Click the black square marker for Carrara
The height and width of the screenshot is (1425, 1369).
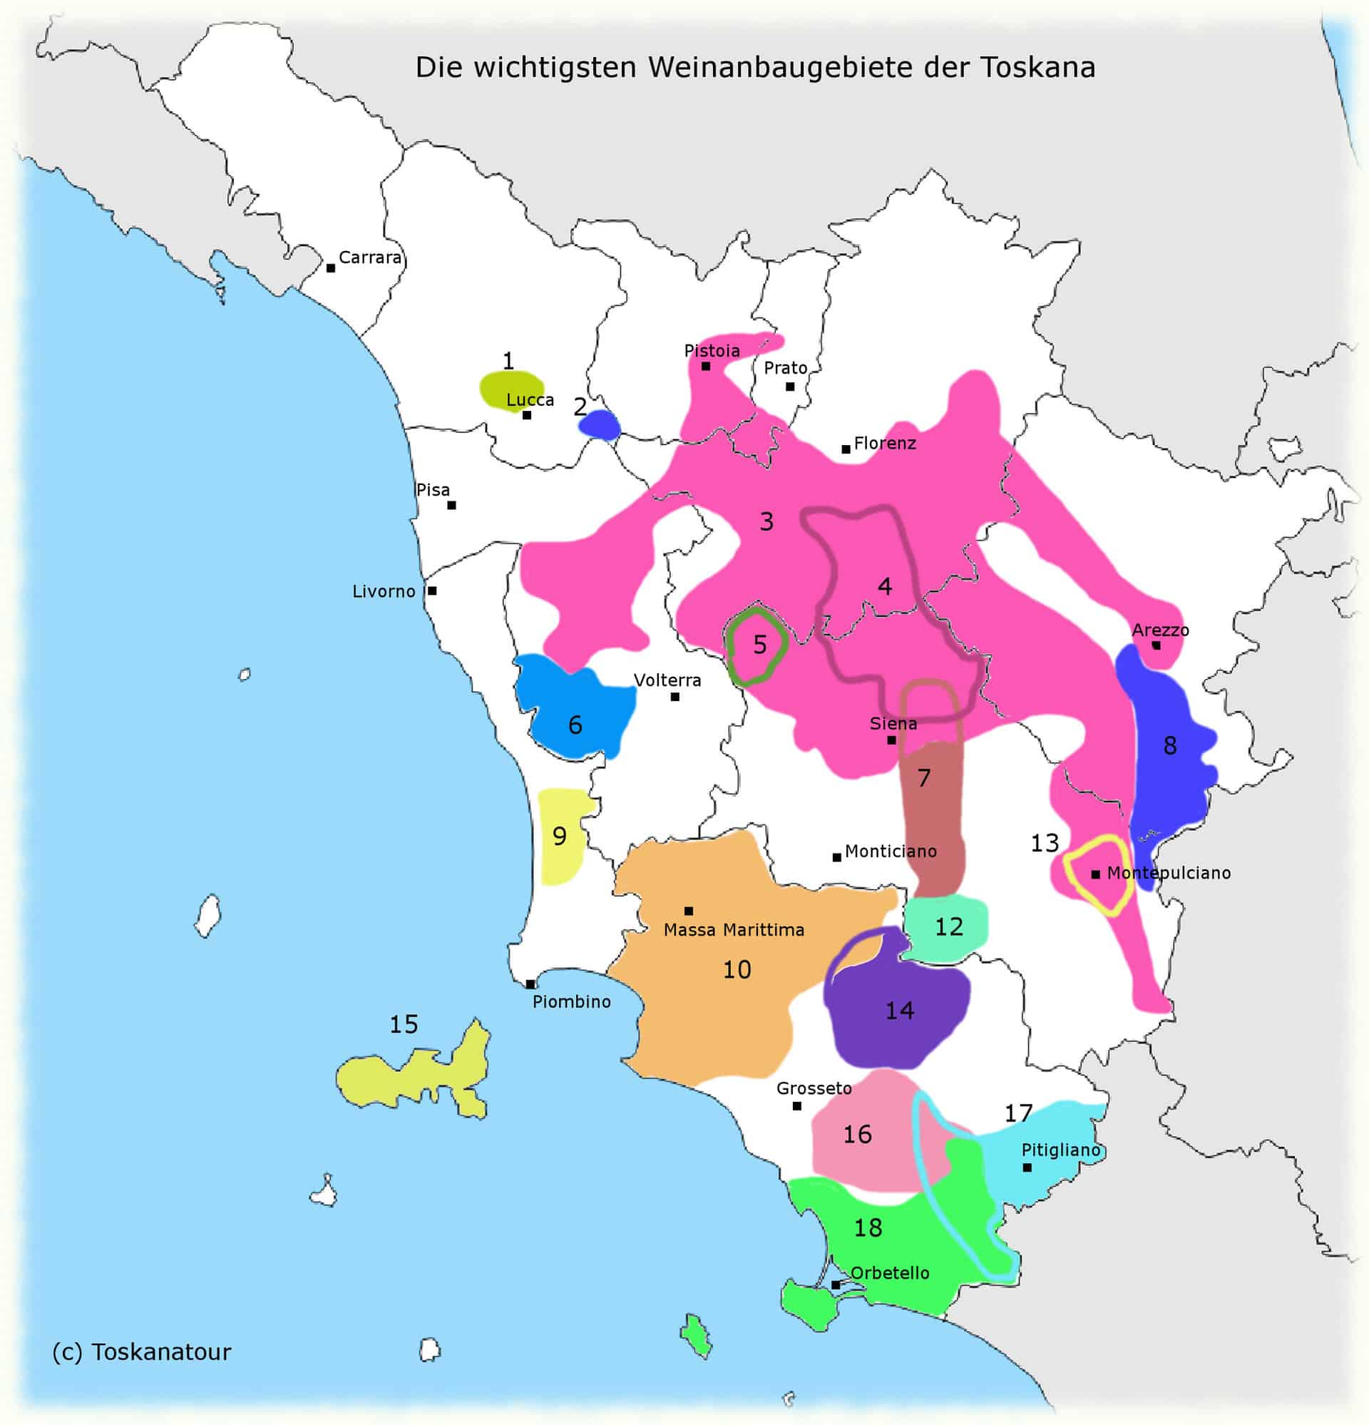click(x=331, y=268)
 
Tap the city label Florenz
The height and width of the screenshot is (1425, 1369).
click(x=884, y=443)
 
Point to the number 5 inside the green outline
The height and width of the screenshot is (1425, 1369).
click(x=760, y=644)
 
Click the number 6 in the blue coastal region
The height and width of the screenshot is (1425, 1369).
click(x=575, y=725)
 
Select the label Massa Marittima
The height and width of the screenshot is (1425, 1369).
click(x=734, y=930)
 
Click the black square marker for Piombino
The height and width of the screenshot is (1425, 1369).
click(x=530, y=984)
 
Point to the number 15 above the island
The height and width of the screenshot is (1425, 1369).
click(x=404, y=1024)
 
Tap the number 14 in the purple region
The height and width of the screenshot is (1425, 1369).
click(x=899, y=1011)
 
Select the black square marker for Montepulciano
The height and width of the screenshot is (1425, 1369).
click(x=1096, y=874)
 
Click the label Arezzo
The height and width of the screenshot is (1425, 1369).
click(x=1160, y=630)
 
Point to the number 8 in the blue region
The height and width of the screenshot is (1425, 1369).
click(x=1170, y=745)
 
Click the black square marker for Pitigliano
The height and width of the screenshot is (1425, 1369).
click(x=1027, y=1168)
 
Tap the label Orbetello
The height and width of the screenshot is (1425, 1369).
click(x=890, y=1273)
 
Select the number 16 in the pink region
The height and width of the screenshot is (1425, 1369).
click(x=857, y=1134)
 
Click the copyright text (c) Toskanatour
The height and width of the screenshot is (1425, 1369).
click(x=142, y=1352)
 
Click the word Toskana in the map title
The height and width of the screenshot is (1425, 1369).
click(x=1037, y=68)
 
